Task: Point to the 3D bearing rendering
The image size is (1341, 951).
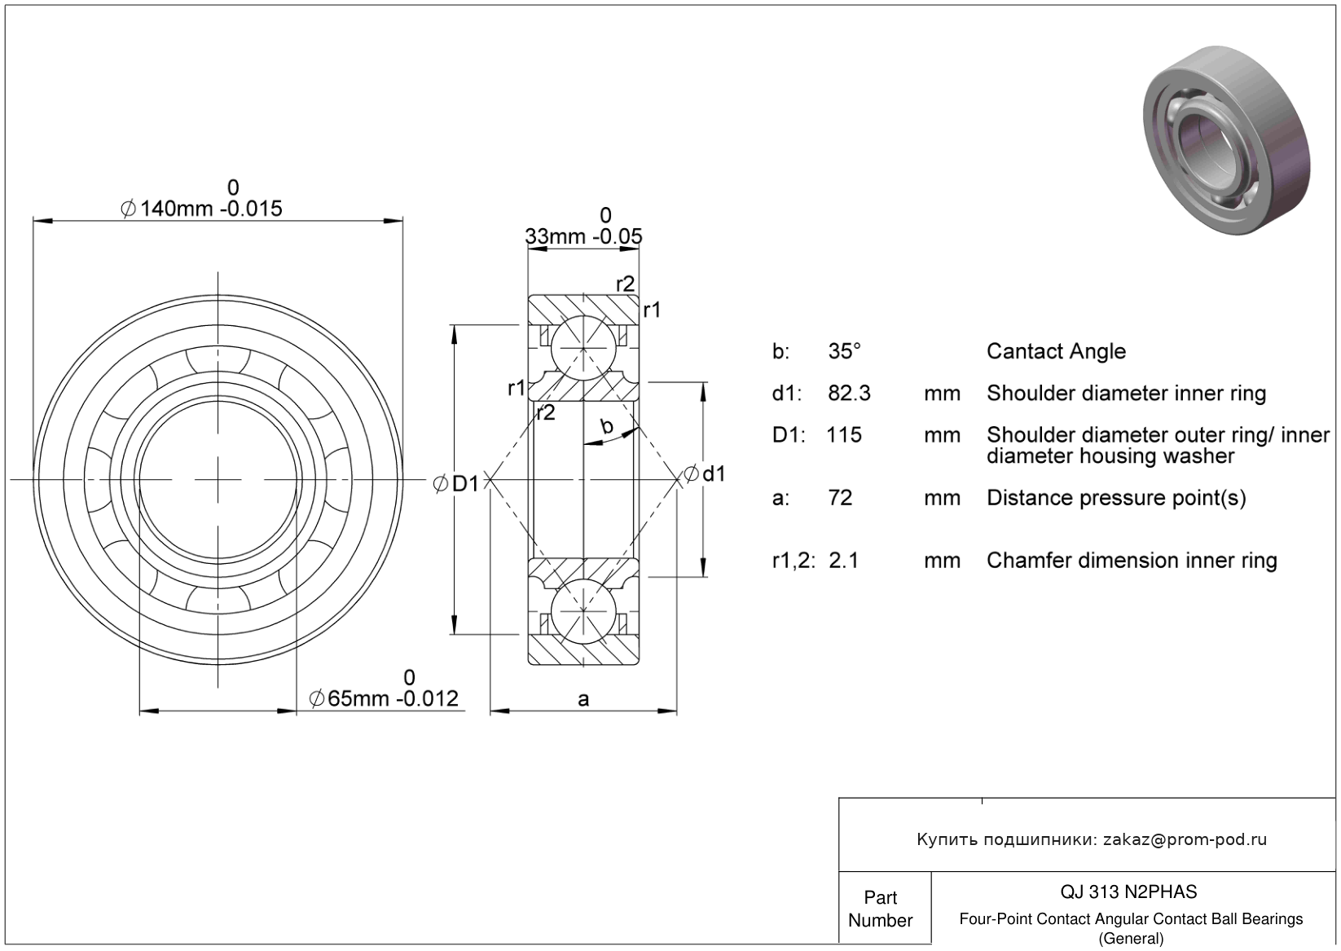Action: click(x=1227, y=140)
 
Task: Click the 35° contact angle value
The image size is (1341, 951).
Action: click(x=845, y=351)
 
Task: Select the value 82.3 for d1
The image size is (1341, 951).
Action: click(x=850, y=394)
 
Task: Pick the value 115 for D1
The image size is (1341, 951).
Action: click(x=844, y=435)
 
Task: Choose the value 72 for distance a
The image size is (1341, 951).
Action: click(x=841, y=498)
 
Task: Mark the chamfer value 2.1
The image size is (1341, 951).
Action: click(x=844, y=561)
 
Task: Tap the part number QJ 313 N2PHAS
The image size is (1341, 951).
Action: click(x=1129, y=892)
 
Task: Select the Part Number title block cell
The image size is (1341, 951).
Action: click(x=885, y=908)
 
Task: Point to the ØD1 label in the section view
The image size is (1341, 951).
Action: click(x=456, y=484)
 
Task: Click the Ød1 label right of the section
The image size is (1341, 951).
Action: click(x=705, y=473)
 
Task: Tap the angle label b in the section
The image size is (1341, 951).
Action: click(x=607, y=426)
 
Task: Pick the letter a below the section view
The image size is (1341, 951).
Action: click(x=583, y=699)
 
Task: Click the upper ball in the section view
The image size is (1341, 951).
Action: click(x=583, y=348)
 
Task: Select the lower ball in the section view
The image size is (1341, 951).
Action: click(x=583, y=611)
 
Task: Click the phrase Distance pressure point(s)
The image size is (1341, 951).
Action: click(x=1116, y=498)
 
